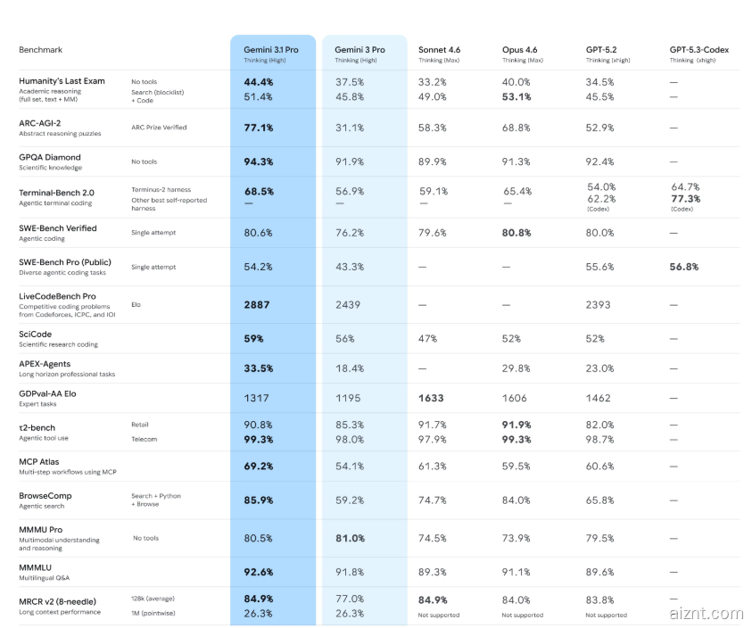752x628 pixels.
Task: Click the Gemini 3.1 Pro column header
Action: coord(271,50)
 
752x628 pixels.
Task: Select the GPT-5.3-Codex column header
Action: coord(698,50)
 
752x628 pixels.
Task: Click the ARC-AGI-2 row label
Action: coord(40,123)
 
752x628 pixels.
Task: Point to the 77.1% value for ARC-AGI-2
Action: coord(259,128)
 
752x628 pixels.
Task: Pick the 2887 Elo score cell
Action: coord(257,304)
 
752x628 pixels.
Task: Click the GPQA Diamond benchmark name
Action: coord(50,157)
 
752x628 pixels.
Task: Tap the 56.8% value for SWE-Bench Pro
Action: coord(684,267)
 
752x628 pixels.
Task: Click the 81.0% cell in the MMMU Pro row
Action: coord(350,538)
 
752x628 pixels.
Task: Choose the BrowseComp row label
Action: coord(45,495)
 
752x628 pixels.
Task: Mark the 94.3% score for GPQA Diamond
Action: coord(259,161)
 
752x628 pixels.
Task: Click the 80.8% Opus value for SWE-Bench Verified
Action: coord(516,233)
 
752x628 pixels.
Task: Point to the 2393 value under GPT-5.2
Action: coord(599,304)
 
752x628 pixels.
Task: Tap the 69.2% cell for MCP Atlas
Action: coord(259,466)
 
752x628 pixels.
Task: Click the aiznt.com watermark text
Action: coord(705,613)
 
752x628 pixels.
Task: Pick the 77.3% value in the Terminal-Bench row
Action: coord(684,199)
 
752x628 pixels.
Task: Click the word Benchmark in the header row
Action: coord(41,50)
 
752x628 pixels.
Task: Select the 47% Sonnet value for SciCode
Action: coord(429,338)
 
